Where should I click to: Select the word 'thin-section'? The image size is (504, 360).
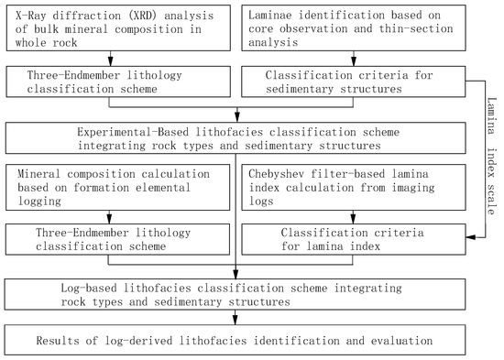pos(394,30)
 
